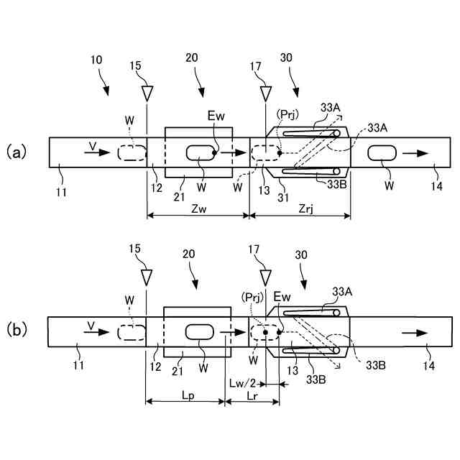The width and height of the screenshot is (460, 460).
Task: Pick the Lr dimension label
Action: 252,395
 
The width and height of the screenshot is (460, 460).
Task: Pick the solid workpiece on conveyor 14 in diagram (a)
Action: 382,152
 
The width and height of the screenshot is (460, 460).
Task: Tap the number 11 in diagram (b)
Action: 78,366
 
